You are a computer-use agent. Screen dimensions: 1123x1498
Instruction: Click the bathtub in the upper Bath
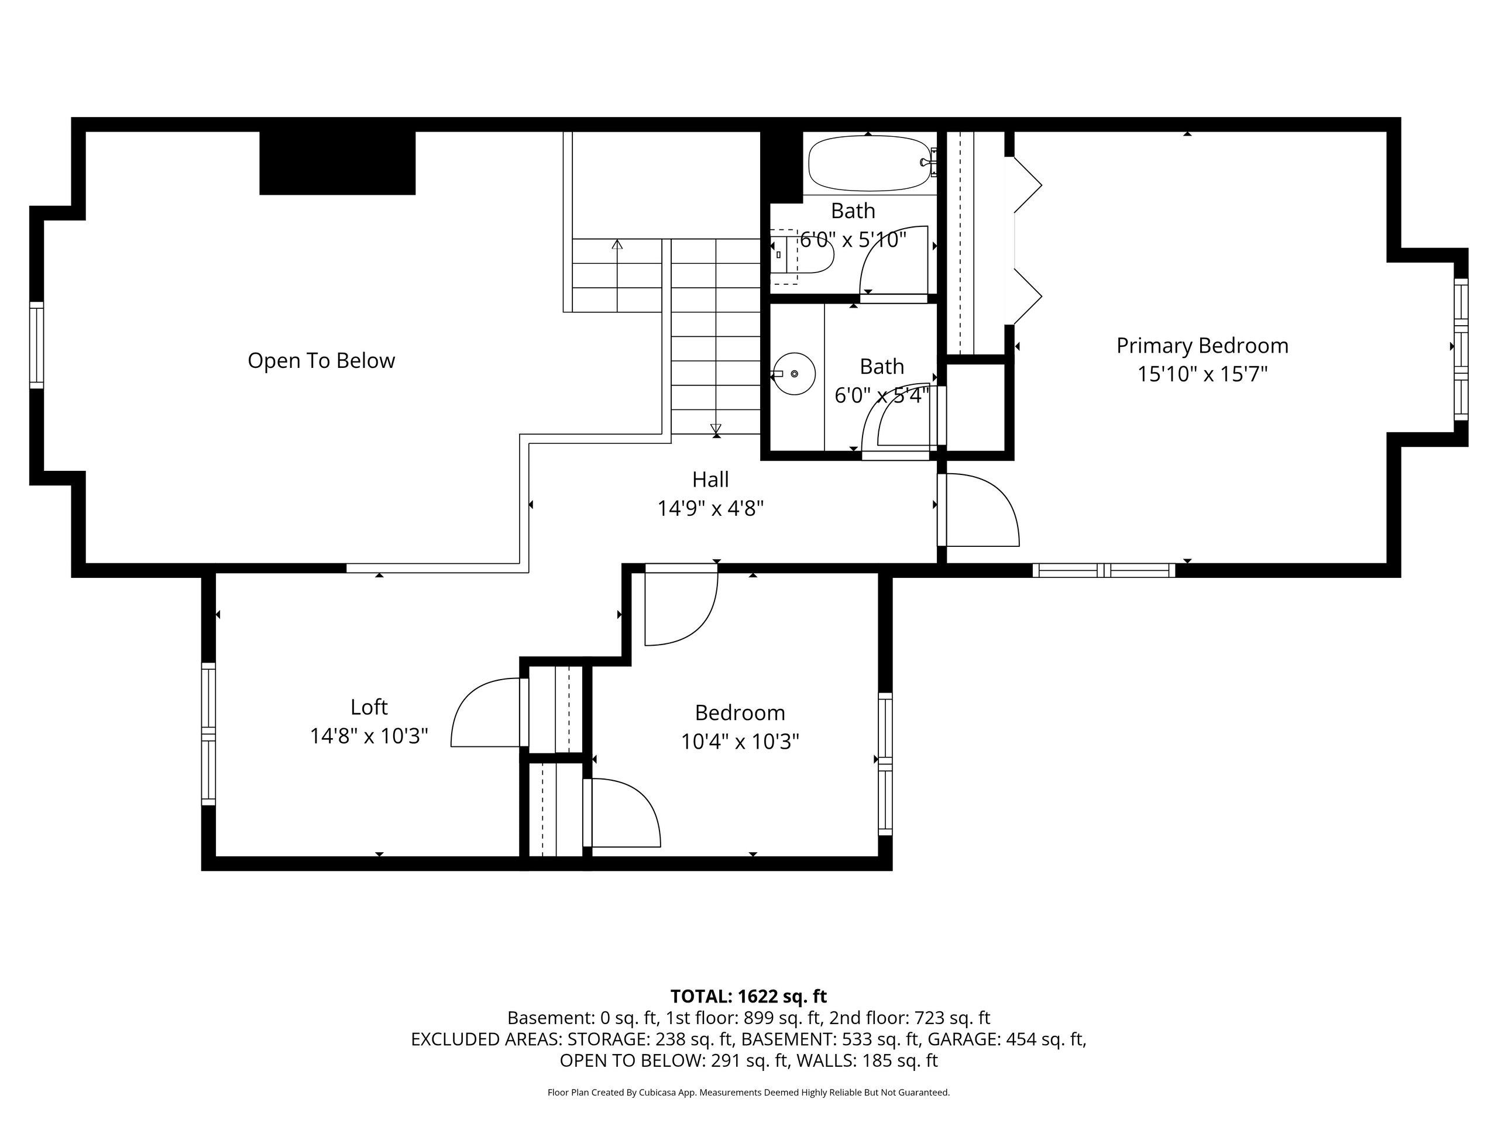869,164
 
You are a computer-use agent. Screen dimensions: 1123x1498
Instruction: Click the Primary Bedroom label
1202,346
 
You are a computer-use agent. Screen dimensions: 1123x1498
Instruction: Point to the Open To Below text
321,361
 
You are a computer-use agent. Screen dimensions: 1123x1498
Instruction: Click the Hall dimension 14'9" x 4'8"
710,508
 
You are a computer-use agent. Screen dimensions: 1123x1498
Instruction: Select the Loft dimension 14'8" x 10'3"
369,736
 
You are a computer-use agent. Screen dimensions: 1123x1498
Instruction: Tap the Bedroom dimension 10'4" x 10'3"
740,742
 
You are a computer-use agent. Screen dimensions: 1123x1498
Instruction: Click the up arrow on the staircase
617,245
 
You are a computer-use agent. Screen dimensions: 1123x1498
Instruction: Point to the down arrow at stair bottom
716,429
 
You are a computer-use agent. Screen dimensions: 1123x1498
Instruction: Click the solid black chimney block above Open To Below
337,163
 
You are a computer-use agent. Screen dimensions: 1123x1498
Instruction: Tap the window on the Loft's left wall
208,735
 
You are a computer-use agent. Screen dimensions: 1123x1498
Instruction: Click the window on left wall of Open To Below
36,345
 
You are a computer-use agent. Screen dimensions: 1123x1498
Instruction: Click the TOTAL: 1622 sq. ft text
748,997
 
